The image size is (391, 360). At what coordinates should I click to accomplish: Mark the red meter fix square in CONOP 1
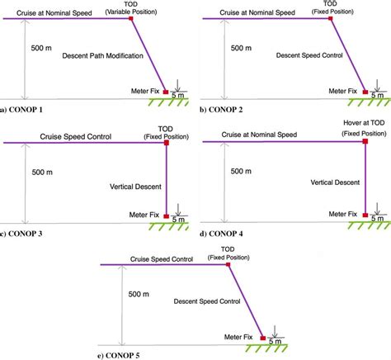click(167, 91)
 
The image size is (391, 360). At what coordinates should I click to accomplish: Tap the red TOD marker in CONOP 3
click(167, 144)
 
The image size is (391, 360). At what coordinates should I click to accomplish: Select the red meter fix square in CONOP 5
click(263, 338)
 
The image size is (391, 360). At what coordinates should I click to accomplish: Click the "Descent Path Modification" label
click(102, 56)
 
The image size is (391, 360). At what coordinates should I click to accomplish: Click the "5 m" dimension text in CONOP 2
click(376, 96)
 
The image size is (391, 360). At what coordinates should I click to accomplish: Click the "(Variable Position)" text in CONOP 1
click(133, 12)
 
